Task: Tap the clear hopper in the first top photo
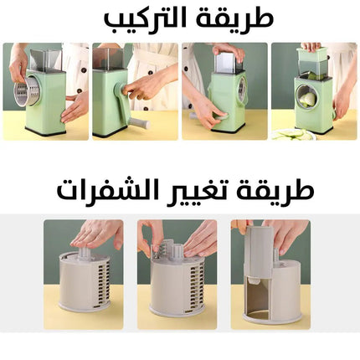pyautogui.click(x=44, y=59)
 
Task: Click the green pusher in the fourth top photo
pyautogui.click(x=312, y=57)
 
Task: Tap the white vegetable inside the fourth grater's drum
pyautogui.click(x=307, y=99)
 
